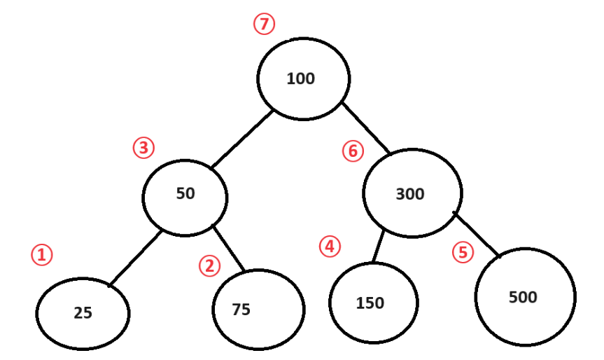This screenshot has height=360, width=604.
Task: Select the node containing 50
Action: (185, 194)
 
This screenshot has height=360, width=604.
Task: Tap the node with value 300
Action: (412, 193)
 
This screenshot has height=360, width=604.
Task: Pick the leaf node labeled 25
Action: (83, 312)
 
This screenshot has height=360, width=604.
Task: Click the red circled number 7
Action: (264, 25)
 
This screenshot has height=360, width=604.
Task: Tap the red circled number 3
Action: (143, 148)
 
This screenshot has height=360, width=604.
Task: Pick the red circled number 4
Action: (329, 247)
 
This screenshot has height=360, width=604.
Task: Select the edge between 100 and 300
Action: (366, 129)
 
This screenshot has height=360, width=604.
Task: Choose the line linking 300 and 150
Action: (379, 246)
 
